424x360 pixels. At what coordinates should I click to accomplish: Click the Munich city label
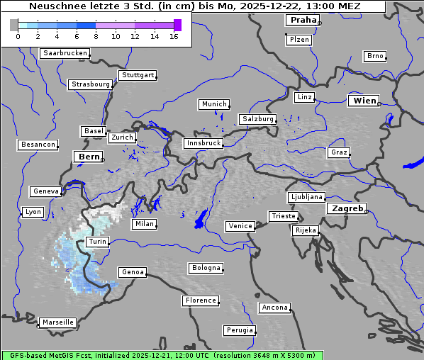[214, 104]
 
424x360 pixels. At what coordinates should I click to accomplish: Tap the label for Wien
[365, 101]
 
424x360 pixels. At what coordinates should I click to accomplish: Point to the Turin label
[97, 242]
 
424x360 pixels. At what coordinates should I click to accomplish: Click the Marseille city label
[57, 322]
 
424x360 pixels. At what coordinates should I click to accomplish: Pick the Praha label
[303, 20]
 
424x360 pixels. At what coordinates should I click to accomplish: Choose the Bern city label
[89, 156]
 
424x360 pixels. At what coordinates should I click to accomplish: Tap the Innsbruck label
[203, 143]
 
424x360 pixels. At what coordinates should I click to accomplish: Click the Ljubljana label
[306, 197]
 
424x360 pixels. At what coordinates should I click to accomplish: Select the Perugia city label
[240, 330]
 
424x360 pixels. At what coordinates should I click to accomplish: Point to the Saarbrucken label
[65, 53]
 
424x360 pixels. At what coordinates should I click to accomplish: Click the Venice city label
[240, 226]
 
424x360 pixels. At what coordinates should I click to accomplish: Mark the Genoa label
[133, 272]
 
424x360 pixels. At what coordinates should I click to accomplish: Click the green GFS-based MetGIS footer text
[162, 355]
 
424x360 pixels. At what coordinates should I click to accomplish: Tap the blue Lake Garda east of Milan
[201, 219]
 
